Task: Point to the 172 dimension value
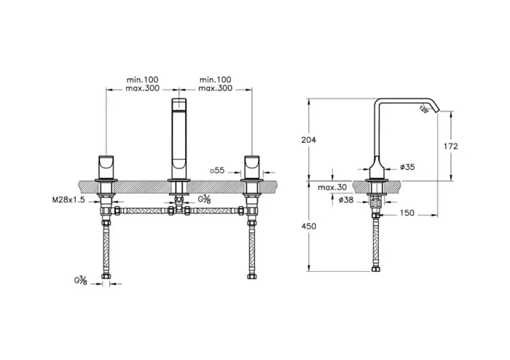[x=451, y=146]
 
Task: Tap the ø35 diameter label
[x=409, y=168]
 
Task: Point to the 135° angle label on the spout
[x=423, y=109]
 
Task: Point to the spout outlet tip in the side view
[x=435, y=111]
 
